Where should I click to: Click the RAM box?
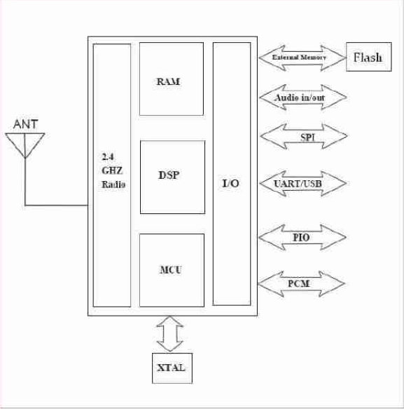(x=172, y=79)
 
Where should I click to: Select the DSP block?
(x=172, y=177)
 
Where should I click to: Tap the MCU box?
(x=172, y=270)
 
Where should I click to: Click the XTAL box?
(x=172, y=368)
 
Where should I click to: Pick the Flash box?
(x=368, y=57)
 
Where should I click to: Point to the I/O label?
(x=230, y=183)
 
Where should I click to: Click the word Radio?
(x=113, y=185)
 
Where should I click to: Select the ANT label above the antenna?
(x=25, y=124)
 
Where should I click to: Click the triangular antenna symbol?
(x=25, y=145)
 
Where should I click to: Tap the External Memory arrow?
(x=302, y=58)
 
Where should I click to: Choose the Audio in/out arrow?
(x=303, y=98)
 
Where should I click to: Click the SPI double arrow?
(x=303, y=136)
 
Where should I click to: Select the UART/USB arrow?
(x=303, y=183)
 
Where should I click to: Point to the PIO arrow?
(x=302, y=237)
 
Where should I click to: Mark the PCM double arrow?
(x=302, y=283)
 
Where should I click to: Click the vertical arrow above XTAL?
(x=170, y=334)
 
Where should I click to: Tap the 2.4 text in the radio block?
(x=108, y=156)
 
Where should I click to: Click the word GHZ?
(x=112, y=170)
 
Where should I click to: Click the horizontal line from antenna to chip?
(x=57, y=206)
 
